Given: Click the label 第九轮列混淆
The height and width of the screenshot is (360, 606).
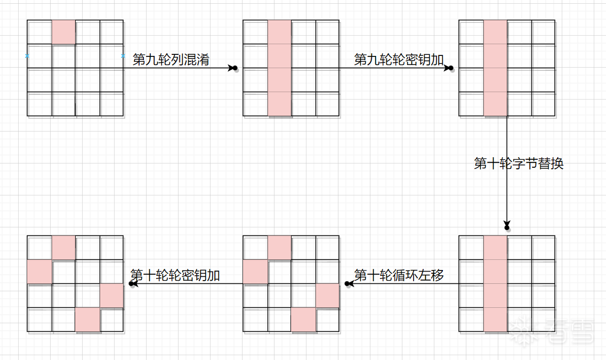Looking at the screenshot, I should click(x=171, y=60).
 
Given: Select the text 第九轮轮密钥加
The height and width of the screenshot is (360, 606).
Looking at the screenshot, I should click(x=399, y=60).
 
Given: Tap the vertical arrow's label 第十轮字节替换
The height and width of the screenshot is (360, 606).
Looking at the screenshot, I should click(x=519, y=163).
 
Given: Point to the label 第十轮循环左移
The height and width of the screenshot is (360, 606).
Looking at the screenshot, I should click(x=399, y=275).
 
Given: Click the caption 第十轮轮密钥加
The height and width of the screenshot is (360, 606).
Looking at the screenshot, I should click(x=175, y=275).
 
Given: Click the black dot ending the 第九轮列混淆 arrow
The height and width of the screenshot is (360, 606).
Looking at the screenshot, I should click(x=235, y=68).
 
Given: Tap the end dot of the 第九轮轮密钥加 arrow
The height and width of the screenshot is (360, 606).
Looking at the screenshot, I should click(x=451, y=68).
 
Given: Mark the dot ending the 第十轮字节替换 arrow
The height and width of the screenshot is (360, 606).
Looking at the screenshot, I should click(x=507, y=227).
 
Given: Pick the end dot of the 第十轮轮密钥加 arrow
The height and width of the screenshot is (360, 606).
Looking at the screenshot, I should click(x=131, y=284).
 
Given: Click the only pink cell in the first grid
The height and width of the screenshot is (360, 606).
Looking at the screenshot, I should click(x=63, y=32).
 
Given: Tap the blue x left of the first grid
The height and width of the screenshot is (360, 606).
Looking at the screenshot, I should click(x=27, y=55).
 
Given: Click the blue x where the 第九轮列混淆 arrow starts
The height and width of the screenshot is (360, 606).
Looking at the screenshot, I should click(x=123, y=55).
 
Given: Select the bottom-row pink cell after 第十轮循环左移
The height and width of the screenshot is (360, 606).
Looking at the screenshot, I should click(x=303, y=320).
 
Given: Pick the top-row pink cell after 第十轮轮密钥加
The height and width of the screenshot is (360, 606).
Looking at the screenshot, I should click(x=63, y=248).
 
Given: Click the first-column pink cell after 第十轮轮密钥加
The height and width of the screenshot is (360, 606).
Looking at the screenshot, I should click(x=39, y=272).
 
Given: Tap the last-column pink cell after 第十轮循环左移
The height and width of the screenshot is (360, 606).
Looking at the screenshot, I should click(x=327, y=296).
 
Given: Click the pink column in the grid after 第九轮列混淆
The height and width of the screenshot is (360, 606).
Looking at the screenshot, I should click(x=279, y=68).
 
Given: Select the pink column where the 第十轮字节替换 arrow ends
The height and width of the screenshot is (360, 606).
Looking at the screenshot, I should click(x=496, y=284).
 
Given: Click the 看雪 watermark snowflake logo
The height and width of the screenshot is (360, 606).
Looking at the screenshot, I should click(x=521, y=330).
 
